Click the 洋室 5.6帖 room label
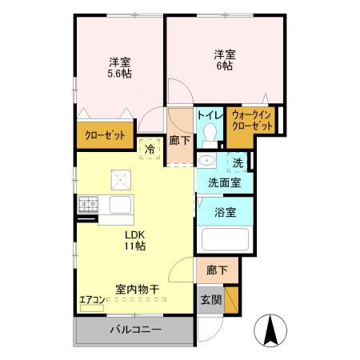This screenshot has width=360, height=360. coord(120,67)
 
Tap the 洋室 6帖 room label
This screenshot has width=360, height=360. coord(224,61)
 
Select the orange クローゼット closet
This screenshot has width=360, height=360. coord(105,136)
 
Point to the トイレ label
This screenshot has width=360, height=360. coord(210,114)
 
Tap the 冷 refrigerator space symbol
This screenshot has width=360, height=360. coord(150,147)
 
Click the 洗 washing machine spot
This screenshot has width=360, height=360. coord(238,163)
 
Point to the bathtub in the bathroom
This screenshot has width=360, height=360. coord(226,240)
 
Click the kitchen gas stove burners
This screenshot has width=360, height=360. coord(87,205)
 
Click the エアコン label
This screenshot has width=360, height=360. coord(91,300)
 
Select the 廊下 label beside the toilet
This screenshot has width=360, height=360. coord(180,140)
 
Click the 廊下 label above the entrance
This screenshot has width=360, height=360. coord(216,270)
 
